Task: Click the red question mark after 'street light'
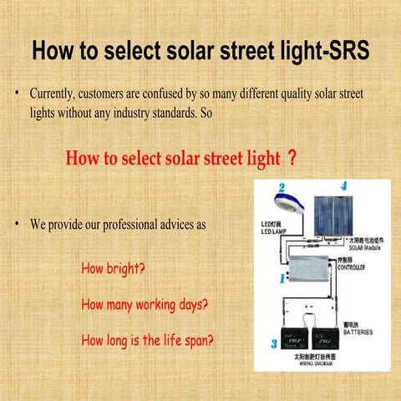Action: [290, 156]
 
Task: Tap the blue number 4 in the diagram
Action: [343, 185]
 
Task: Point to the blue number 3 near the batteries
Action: [273, 343]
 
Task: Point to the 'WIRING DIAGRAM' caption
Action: [314, 364]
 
